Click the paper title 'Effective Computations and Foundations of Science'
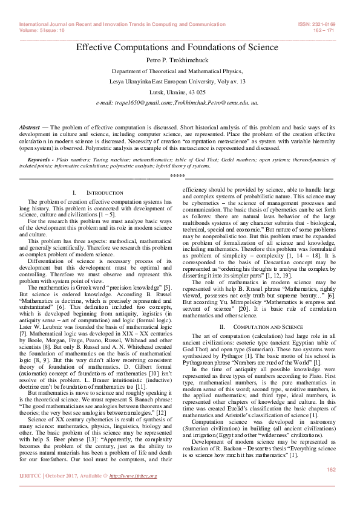[177, 47]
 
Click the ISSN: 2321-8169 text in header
[317, 24]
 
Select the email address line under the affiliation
[177, 103]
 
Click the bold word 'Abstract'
[30, 128]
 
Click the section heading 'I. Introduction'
[93, 192]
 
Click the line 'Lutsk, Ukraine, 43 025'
[177, 92]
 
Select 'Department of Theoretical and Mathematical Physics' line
[177, 71]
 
